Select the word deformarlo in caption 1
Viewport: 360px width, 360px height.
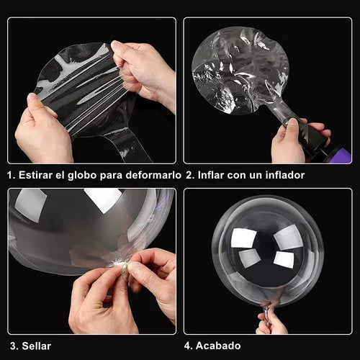(153, 175)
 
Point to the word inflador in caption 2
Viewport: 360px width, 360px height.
(285, 175)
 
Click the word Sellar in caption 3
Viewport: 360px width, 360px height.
(37, 346)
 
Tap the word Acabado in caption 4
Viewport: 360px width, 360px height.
(218, 346)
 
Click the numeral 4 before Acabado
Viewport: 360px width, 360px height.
(187, 346)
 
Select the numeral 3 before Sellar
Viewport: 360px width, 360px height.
(14, 346)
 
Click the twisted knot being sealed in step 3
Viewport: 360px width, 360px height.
(120, 265)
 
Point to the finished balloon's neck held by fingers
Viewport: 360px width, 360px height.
(267, 310)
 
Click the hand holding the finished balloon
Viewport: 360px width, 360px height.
(271, 322)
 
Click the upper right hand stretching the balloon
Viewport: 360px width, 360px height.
(142, 72)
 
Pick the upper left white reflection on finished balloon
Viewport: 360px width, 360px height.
(243, 238)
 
